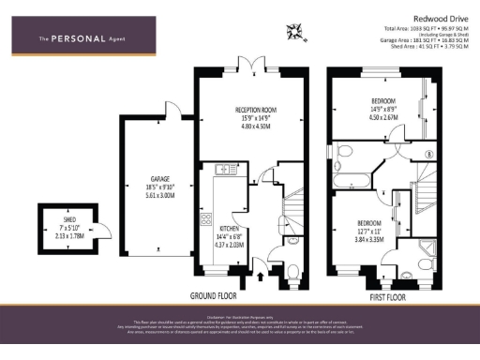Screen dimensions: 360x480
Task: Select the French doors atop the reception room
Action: click(248, 65)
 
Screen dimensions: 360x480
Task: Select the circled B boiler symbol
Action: click(428, 154)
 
